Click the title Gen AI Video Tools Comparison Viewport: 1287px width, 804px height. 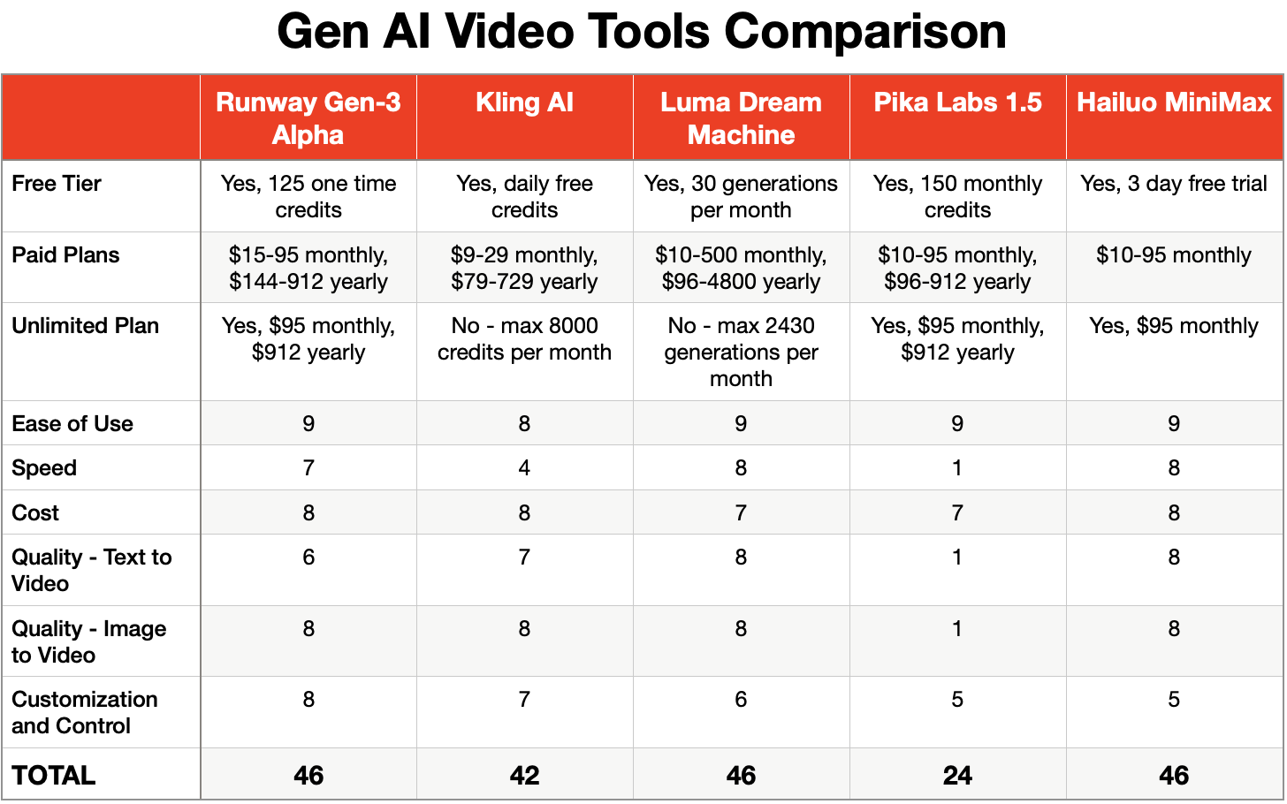click(642, 32)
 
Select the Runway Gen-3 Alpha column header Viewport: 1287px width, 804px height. click(308, 118)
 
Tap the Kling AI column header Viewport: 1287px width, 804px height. click(524, 102)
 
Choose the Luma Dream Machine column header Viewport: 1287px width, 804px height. click(741, 118)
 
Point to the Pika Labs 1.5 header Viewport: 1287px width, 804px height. click(957, 102)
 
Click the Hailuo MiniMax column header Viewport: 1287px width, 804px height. click(1174, 102)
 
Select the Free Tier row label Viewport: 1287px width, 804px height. click(57, 184)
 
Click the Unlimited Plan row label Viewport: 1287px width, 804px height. click(86, 326)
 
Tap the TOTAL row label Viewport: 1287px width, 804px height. click(54, 775)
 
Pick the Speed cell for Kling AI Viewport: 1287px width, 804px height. click(524, 468)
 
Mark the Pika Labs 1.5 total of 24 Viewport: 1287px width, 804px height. click(957, 775)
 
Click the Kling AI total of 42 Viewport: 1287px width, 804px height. click(524, 775)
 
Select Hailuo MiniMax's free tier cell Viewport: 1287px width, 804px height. click(1174, 184)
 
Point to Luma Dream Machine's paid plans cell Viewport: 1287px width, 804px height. click(741, 269)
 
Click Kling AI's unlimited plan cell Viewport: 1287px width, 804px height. click(524, 339)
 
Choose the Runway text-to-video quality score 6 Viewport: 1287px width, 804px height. click(308, 557)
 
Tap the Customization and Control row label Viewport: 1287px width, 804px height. click(85, 712)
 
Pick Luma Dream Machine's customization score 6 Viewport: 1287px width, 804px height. click(741, 700)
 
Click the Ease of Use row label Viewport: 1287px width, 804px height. click(72, 424)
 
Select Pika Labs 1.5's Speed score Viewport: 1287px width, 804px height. click(957, 468)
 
